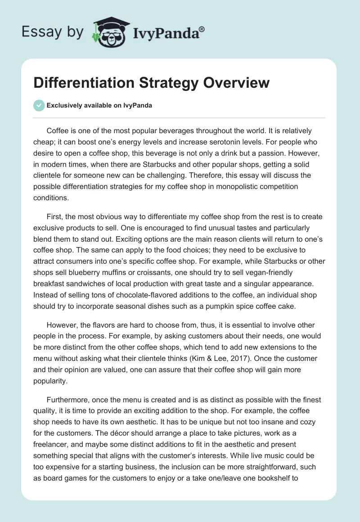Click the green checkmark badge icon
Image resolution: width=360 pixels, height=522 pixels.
[x=39, y=105]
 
